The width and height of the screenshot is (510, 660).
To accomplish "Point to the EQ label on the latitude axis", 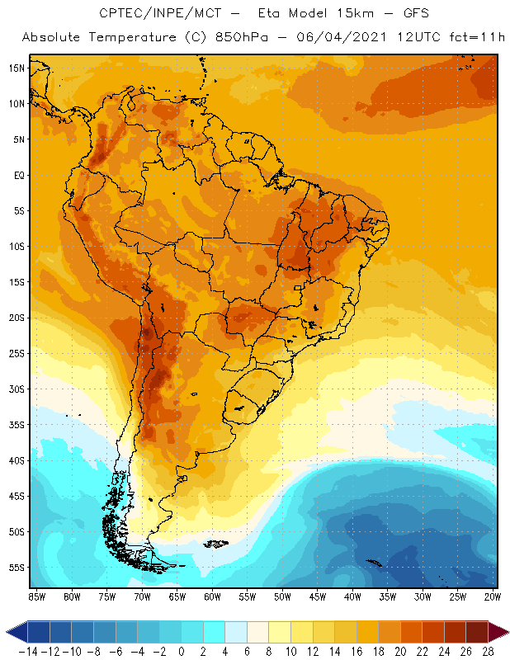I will [x=17, y=175].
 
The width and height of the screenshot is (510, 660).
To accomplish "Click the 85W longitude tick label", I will [x=36, y=596].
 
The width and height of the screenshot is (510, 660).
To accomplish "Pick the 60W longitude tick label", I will [x=212, y=596].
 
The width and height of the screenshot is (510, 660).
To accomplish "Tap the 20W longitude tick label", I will [x=493, y=596].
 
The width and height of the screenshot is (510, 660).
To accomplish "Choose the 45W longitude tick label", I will [x=318, y=596].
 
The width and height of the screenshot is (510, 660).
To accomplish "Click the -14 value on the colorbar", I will [x=26, y=651].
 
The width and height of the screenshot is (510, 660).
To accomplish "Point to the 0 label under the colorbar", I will [x=181, y=651].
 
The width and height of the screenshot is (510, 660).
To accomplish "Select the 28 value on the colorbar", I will [x=488, y=651].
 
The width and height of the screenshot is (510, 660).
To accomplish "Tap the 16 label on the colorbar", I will [x=357, y=651].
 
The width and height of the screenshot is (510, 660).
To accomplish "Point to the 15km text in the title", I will [x=351, y=14].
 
